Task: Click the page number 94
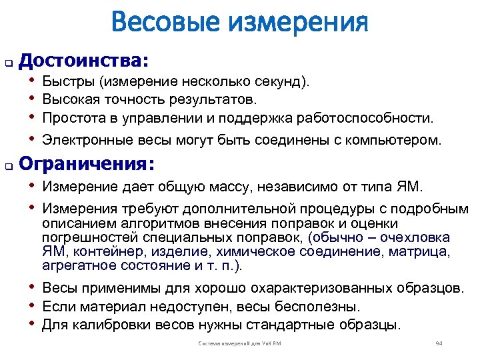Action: pos(438,343)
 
